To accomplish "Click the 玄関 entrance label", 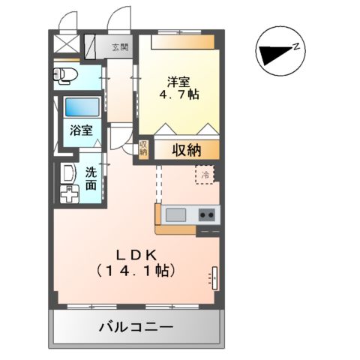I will [x=120, y=46].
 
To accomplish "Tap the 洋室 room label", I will [x=178, y=82].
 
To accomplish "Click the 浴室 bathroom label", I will [x=82, y=130].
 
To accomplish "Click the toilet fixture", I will [x=66, y=74].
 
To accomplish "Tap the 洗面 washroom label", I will [x=90, y=178].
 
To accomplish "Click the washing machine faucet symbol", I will [x=69, y=196].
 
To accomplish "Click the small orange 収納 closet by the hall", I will [x=143, y=148].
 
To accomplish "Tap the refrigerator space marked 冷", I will [x=204, y=174].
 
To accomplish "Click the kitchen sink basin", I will [x=176, y=215].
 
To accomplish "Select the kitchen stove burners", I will [x=206, y=215].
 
